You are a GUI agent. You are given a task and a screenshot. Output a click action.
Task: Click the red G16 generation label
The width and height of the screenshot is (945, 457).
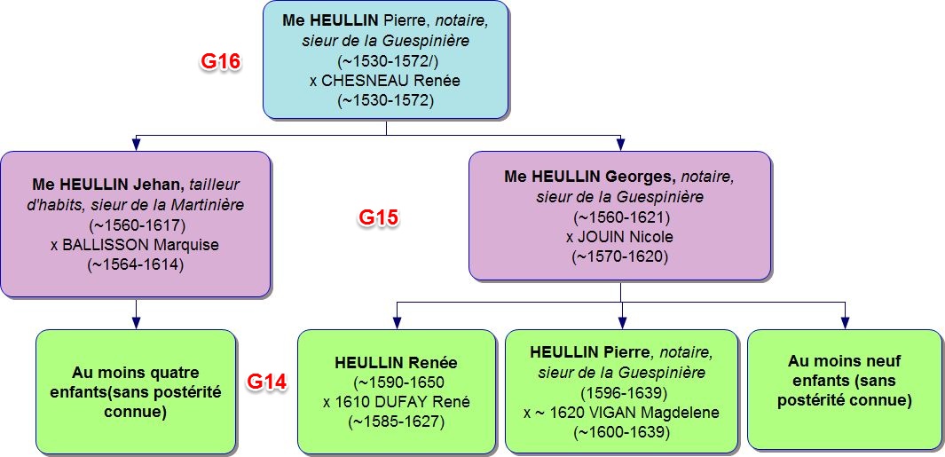(218, 64)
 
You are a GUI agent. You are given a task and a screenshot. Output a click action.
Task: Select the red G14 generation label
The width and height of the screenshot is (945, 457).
(266, 382)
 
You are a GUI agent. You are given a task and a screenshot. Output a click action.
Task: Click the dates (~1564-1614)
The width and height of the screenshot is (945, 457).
(136, 264)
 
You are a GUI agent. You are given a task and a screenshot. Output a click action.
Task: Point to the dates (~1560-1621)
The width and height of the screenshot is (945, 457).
(620, 217)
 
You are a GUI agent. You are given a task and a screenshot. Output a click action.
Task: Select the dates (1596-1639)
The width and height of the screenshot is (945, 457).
(621, 392)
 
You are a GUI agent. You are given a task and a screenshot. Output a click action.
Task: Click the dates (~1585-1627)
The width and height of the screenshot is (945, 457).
(396, 422)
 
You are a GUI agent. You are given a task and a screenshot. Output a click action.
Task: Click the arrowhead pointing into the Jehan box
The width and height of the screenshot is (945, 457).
(136, 143)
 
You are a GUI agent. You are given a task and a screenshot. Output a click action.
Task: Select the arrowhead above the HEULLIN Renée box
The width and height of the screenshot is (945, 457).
(396, 320)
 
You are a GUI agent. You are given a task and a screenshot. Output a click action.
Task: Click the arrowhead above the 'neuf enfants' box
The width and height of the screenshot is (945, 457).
(844, 320)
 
